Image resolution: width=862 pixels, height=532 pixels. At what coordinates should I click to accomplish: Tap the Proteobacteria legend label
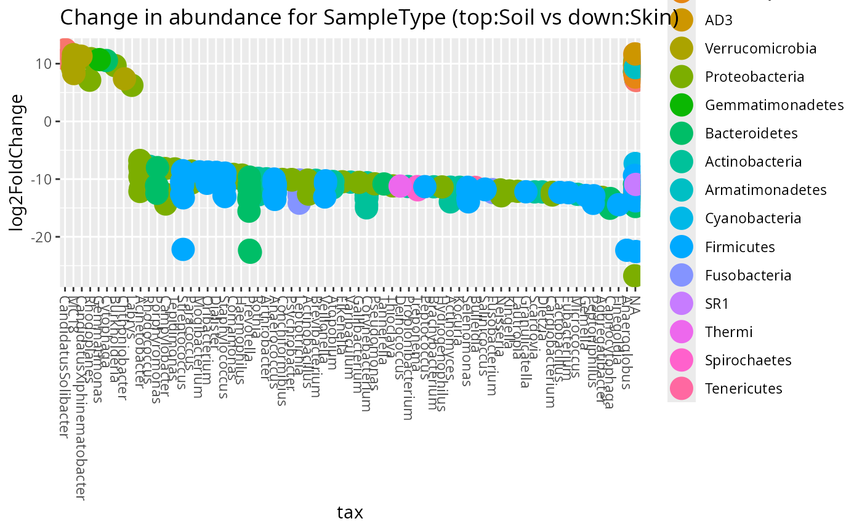tap(754, 77)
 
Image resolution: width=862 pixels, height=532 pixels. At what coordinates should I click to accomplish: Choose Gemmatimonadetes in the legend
tap(774, 105)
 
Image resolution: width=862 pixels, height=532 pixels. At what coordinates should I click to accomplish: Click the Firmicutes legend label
tap(739, 247)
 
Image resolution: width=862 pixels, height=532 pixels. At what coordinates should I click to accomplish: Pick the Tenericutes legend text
tap(743, 388)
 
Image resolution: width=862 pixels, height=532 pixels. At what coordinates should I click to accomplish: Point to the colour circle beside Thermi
tap(682, 332)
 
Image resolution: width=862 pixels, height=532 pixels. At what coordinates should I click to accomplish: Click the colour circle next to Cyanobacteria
tap(682, 218)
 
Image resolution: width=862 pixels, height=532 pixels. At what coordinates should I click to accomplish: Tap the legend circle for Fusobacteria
tap(682, 275)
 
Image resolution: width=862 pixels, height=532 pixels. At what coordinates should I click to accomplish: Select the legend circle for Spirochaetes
tap(682, 360)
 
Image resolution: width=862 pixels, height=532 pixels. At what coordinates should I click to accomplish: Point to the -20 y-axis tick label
tap(41, 237)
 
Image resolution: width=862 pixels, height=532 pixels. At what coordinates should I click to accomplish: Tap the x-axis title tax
tap(350, 512)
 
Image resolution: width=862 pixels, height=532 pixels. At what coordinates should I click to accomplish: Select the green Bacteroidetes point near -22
tap(249, 251)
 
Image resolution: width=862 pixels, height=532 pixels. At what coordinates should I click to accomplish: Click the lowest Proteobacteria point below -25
tap(635, 276)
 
